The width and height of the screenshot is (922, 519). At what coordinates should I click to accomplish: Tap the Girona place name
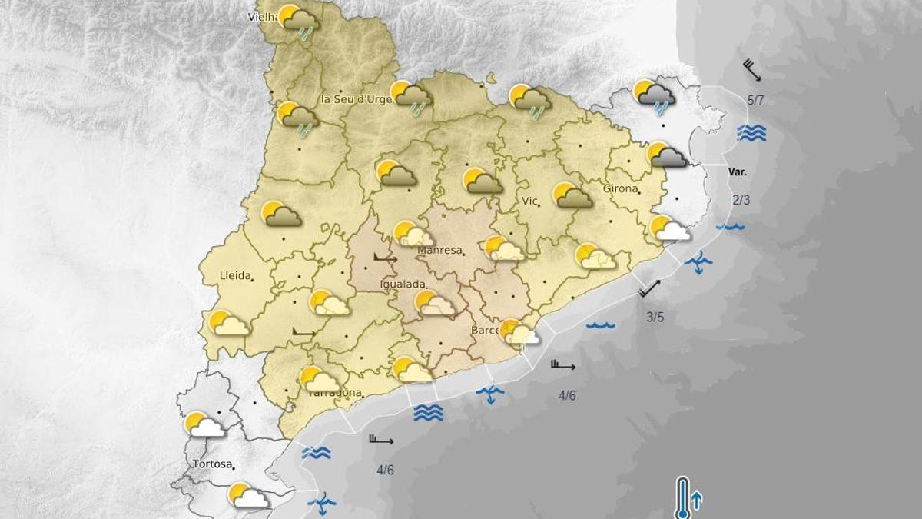(x=620, y=188)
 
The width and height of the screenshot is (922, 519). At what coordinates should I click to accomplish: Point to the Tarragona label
(x=334, y=393)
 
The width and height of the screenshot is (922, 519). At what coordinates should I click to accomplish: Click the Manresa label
(x=439, y=251)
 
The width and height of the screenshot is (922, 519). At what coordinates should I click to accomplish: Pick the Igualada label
(x=403, y=284)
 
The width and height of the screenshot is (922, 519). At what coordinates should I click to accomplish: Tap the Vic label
(x=529, y=201)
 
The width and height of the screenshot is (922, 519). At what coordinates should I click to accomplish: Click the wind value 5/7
(x=755, y=101)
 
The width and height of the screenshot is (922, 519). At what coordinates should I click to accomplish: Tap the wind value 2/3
(x=741, y=200)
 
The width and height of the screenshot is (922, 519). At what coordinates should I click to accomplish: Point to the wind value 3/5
(x=655, y=316)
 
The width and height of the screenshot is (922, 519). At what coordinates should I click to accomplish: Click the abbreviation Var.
(x=738, y=172)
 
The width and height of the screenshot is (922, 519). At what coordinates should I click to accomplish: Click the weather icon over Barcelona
(x=520, y=332)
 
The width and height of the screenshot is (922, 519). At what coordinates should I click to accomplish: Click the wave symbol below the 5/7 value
(x=751, y=133)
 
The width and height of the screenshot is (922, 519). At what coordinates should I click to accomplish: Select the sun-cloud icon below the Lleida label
(x=229, y=323)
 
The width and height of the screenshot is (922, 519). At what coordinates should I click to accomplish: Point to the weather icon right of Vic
(x=572, y=195)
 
